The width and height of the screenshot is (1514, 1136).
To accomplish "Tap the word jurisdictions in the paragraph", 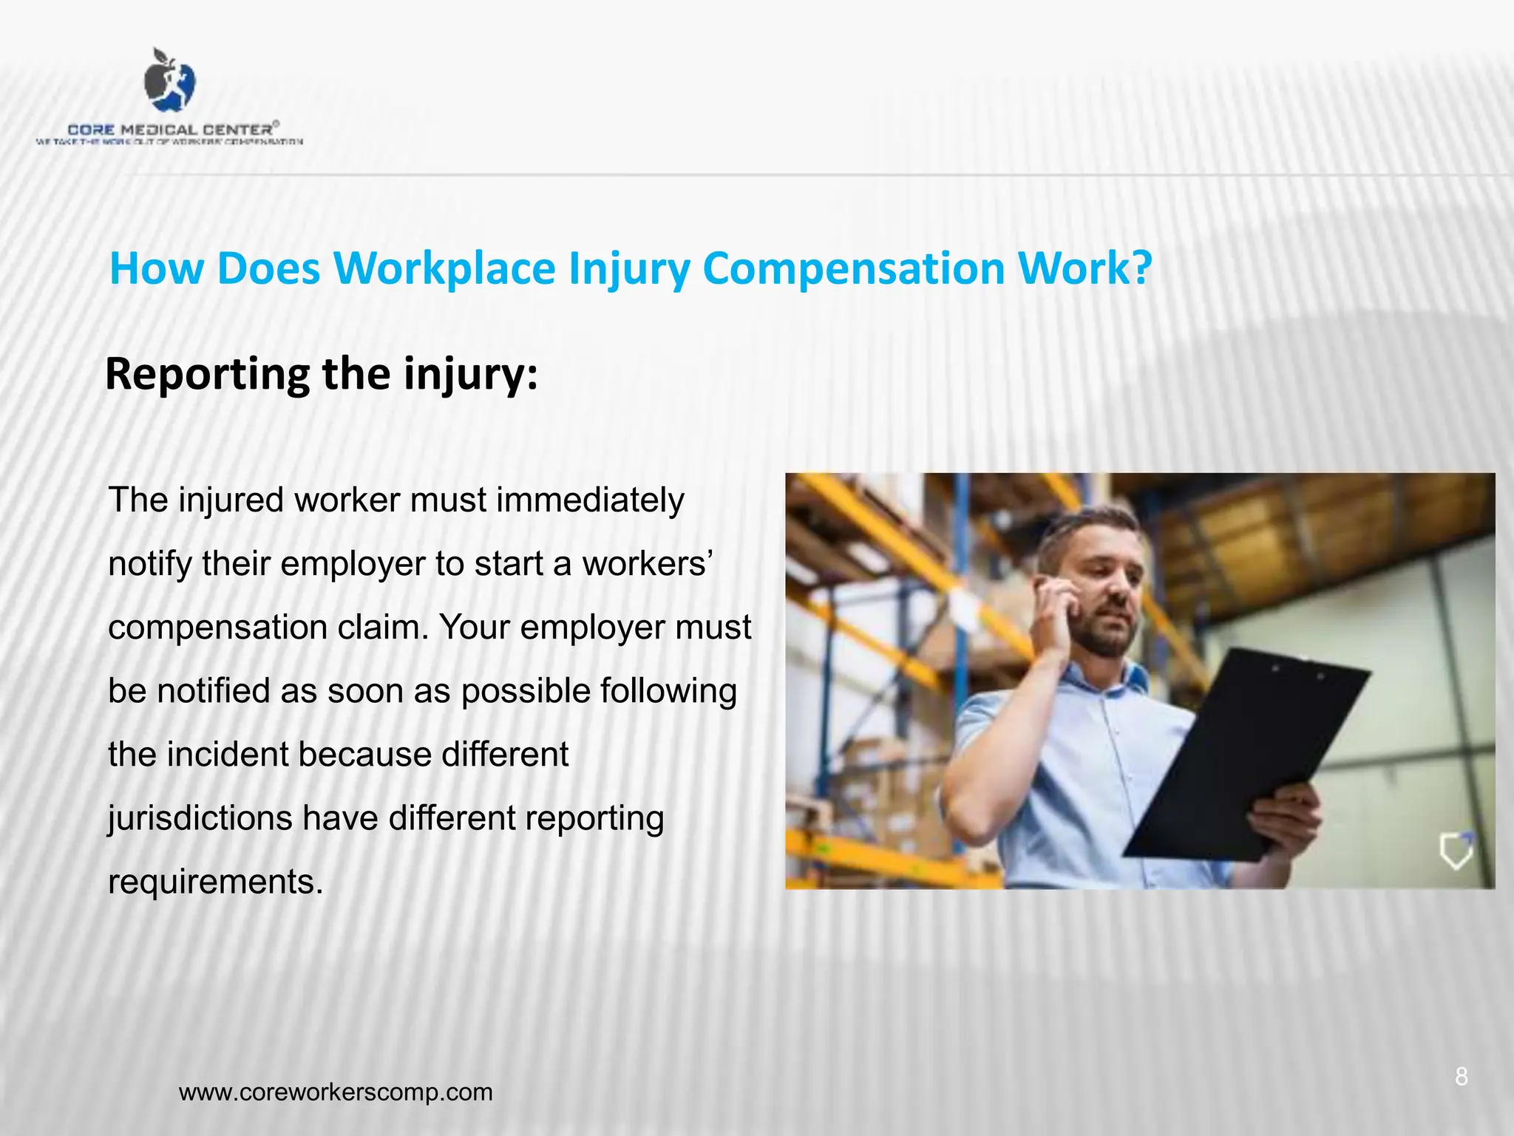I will (x=200, y=818).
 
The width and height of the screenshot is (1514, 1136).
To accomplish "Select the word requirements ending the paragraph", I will (x=214, y=882).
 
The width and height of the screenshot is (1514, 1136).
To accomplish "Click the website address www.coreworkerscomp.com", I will (x=336, y=1092).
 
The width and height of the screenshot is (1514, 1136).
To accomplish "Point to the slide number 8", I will (x=1461, y=1077).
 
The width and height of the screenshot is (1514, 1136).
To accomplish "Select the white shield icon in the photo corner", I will (x=1456, y=851).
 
